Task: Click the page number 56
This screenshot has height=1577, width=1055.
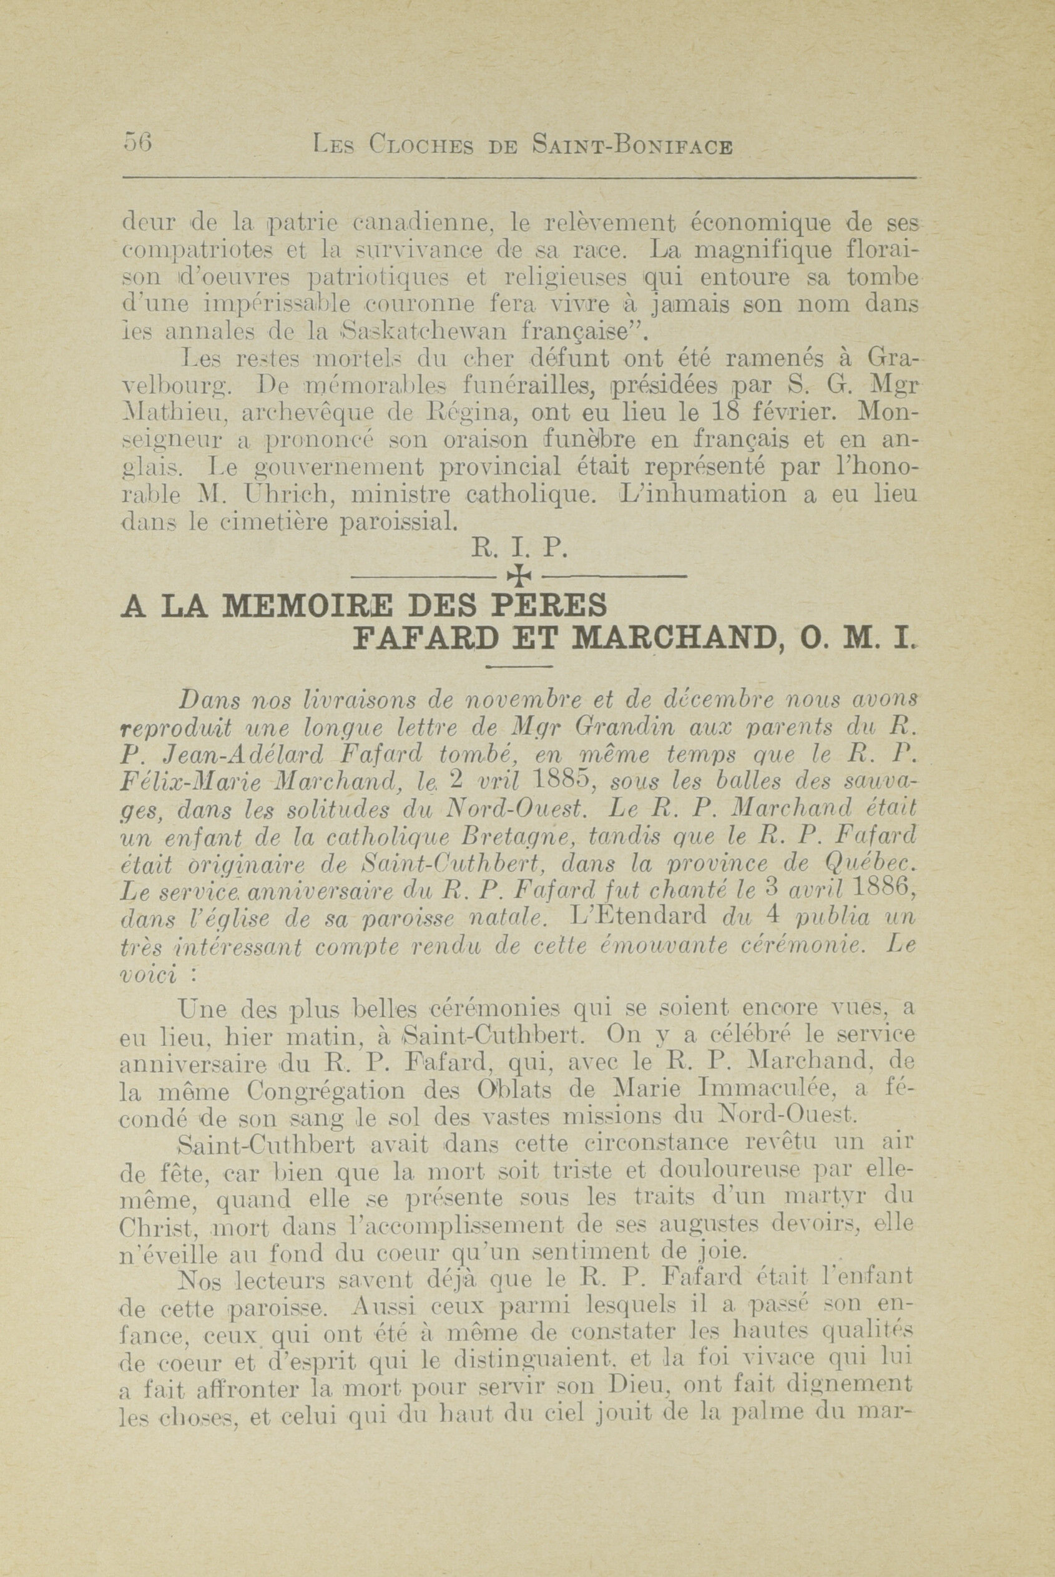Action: point(139,144)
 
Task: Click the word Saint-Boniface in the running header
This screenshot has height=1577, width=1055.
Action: point(631,145)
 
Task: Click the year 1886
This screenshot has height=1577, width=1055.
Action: point(881,892)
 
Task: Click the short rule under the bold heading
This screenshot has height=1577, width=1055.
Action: point(518,667)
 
